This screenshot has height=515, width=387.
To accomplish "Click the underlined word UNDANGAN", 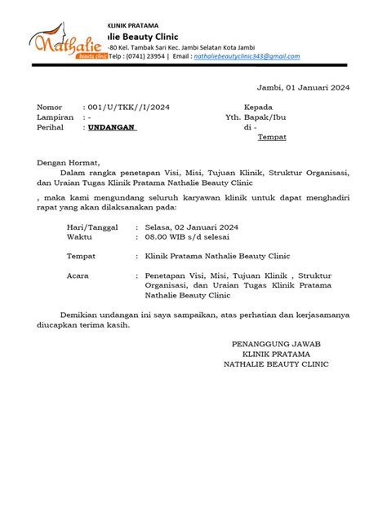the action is coord(112,128).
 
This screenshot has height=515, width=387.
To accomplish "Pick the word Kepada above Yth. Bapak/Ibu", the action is coord(260,108).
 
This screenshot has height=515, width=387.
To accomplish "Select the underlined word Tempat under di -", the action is coord(272,139).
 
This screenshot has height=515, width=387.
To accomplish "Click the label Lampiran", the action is coord(55,117).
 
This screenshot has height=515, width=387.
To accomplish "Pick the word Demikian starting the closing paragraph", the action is coord(80,314).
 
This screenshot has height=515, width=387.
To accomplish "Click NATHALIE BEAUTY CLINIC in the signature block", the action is coord(276,364).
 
